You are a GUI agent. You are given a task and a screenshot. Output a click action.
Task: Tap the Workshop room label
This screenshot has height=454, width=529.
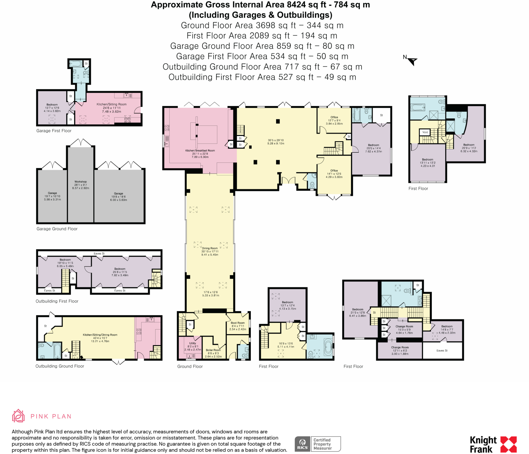pyautogui.click(x=81, y=182)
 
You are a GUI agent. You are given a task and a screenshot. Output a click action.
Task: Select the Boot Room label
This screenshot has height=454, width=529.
pyautogui.click(x=238, y=323)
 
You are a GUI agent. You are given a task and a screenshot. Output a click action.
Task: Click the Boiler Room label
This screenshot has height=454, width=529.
pyautogui.click(x=213, y=350)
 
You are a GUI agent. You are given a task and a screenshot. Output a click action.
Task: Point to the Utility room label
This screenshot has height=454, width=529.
pyautogui.click(x=193, y=343)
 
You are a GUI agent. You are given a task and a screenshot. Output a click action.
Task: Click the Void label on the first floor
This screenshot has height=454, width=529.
pyautogui.click(x=425, y=132)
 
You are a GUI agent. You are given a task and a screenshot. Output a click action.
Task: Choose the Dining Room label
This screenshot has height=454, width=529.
pyautogui.click(x=210, y=248)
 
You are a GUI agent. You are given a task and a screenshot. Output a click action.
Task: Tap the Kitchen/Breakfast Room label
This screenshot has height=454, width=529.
pyautogui.click(x=200, y=150)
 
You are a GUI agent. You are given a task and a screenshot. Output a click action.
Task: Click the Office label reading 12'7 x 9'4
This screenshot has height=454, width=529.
pyautogui.click(x=334, y=117)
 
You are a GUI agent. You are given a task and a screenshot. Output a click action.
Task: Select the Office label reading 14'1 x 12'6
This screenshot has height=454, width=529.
pyautogui.click(x=334, y=171)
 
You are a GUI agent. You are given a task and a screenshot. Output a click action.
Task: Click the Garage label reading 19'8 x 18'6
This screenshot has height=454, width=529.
pyautogui.click(x=119, y=193)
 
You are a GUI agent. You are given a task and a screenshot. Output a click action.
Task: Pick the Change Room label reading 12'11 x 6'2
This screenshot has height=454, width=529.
pyautogui.click(x=400, y=347)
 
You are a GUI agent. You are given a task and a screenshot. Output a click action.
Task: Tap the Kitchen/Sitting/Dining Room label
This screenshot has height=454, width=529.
pyautogui.click(x=100, y=335)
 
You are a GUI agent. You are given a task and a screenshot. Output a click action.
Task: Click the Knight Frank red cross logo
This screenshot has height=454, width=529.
pyautogui.click(x=509, y=444)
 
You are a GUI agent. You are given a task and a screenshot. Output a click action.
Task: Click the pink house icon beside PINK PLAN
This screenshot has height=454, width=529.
pyautogui.click(x=18, y=416)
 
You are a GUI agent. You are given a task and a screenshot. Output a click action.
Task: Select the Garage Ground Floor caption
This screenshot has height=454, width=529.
pyautogui.click(x=57, y=229)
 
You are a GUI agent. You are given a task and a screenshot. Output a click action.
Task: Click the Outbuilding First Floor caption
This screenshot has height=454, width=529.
pyautogui.click(x=57, y=301)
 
